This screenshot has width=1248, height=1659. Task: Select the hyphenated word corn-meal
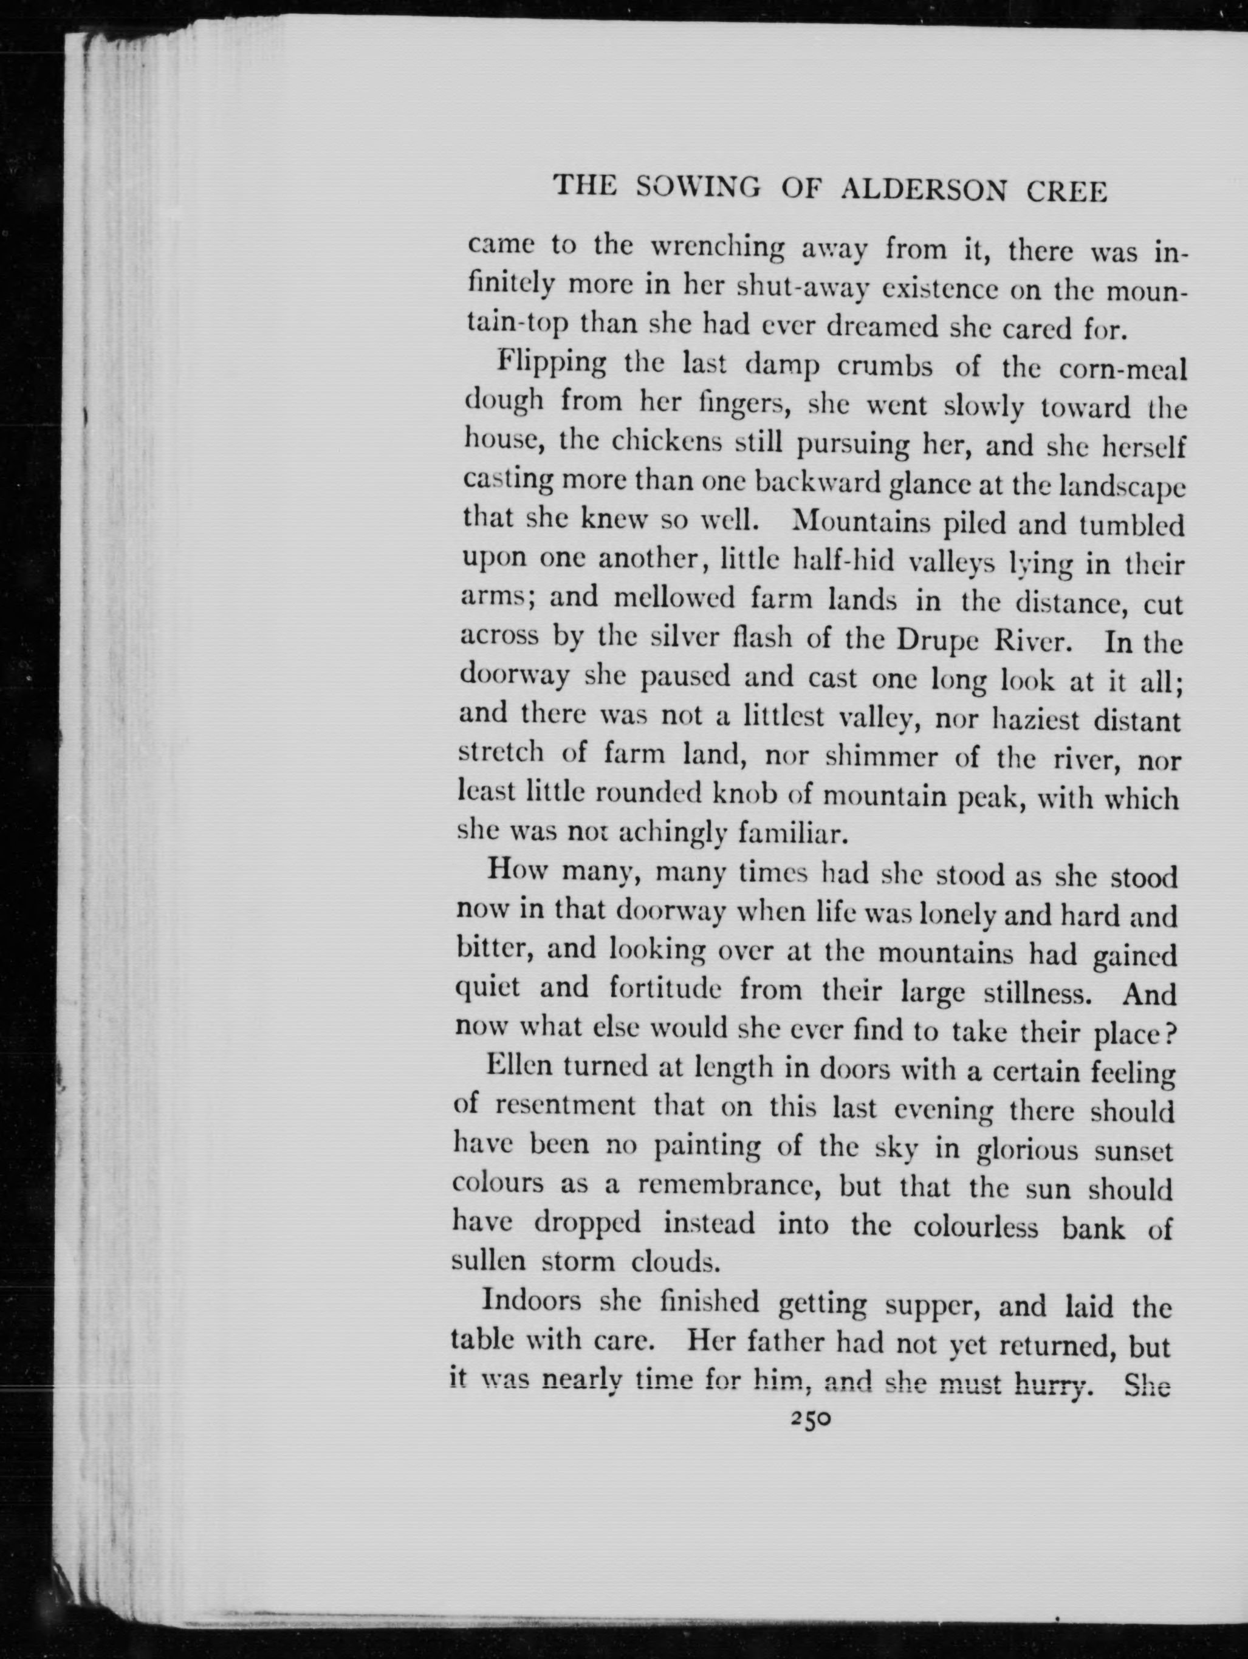(1122, 371)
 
